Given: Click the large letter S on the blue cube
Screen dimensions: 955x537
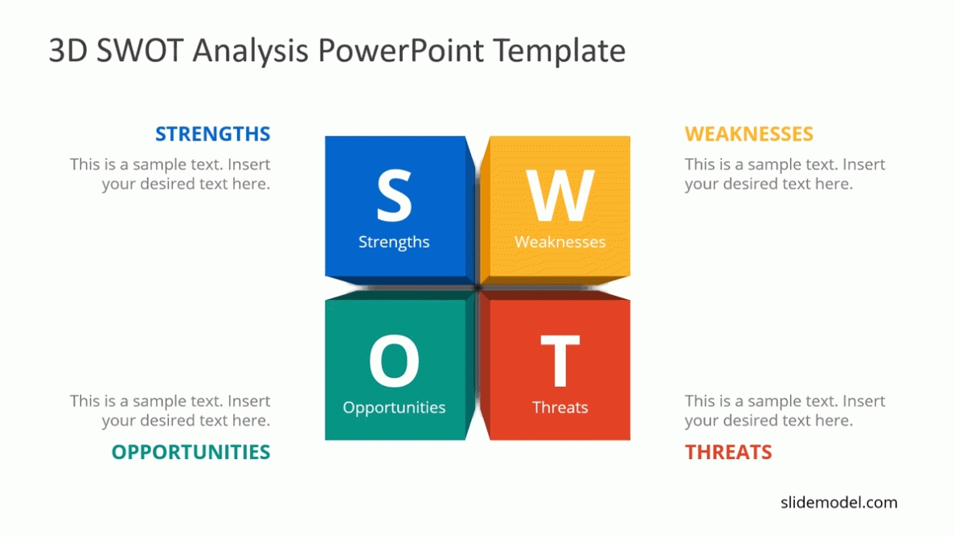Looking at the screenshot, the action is click(x=394, y=195).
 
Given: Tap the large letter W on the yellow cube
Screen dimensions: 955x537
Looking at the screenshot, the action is click(x=559, y=195).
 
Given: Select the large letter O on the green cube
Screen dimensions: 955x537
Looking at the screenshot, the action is click(x=394, y=361).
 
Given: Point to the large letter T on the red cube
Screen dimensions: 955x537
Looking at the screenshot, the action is click(x=559, y=361).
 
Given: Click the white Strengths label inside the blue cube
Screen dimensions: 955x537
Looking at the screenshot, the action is click(x=394, y=242).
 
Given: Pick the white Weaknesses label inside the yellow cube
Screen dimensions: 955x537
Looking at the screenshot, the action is click(x=559, y=242).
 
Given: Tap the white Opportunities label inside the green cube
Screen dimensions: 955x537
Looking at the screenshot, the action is click(x=394, y=408).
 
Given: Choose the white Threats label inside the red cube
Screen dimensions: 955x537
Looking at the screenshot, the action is click(x=559, y=408).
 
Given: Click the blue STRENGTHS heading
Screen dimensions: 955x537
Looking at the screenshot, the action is click(x=212, y=134).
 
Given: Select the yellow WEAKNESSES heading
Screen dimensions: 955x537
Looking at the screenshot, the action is click(x=748, y=134).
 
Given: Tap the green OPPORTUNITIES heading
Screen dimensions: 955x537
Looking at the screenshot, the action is click(x=191, y=452).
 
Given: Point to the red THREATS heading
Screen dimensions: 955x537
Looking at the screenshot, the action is click(x=728, y=452).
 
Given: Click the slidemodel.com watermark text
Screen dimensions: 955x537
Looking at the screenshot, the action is click(x=838, y=502).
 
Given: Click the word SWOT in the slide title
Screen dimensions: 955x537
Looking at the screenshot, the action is click(x=140, y=50).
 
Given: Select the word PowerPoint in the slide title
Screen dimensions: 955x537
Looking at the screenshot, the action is click(x=401, y=50).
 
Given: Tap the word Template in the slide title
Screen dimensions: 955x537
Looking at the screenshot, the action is click(x=559, y=51).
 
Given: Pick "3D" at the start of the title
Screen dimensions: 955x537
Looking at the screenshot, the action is click(x=68, y=50).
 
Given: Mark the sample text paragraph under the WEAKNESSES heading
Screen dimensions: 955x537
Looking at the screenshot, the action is click(x=785, y=174).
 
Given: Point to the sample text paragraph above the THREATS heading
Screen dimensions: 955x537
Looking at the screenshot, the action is click(x=785, y=411).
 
